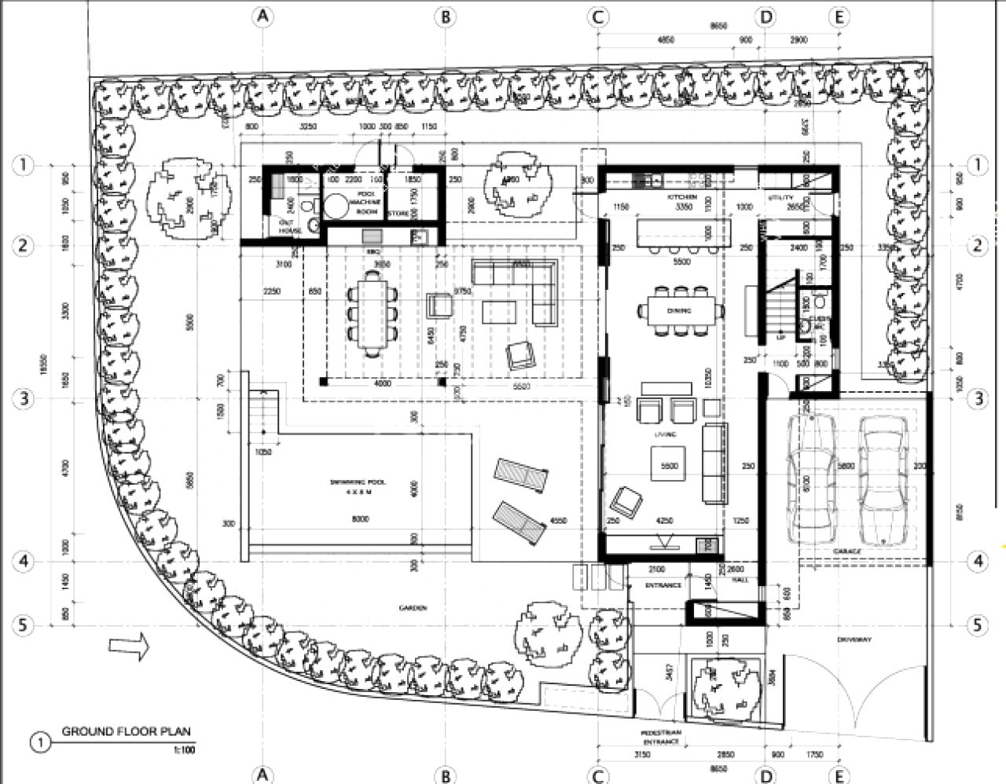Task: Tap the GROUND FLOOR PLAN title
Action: [x=126, y=732]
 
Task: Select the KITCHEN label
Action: [x=681, y=196]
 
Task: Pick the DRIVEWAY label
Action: [x=854, y=639]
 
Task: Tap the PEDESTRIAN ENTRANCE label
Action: [x=660, y=736]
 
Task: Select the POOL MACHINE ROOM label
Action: [x=368, y=203]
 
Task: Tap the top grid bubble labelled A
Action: [x=262, y=16]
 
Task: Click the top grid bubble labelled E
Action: [x=839, y=16]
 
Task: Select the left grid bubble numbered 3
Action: [x=24, y=398]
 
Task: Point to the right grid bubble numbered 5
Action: [x=978, y=625]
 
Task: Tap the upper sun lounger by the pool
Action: [x=519, y=474]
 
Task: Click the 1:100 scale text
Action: [x=184, y=749]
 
